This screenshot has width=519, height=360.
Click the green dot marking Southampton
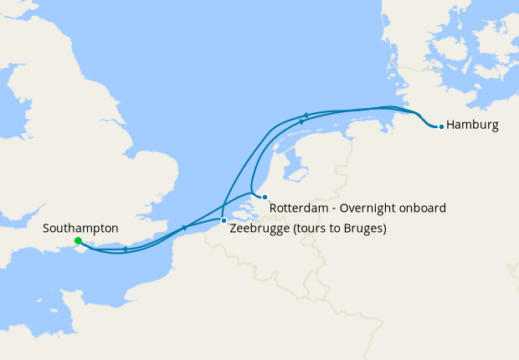[77, 241]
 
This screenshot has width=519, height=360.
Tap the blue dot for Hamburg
[441, 127]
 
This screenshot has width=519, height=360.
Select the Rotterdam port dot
[265, 197]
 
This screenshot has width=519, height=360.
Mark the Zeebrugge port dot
[224, 220]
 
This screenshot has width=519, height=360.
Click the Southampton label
[80, 228]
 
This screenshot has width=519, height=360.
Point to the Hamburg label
[473, 126]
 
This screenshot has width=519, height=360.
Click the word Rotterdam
[298, 208]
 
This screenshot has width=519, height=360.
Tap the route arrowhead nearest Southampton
[125, 248]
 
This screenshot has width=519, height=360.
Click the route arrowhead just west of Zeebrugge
[185, 227]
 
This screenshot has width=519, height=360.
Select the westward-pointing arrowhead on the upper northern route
[306, 116]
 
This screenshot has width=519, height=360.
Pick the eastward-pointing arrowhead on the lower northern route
[301, 122]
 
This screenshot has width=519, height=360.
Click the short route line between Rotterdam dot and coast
[258, 195]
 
